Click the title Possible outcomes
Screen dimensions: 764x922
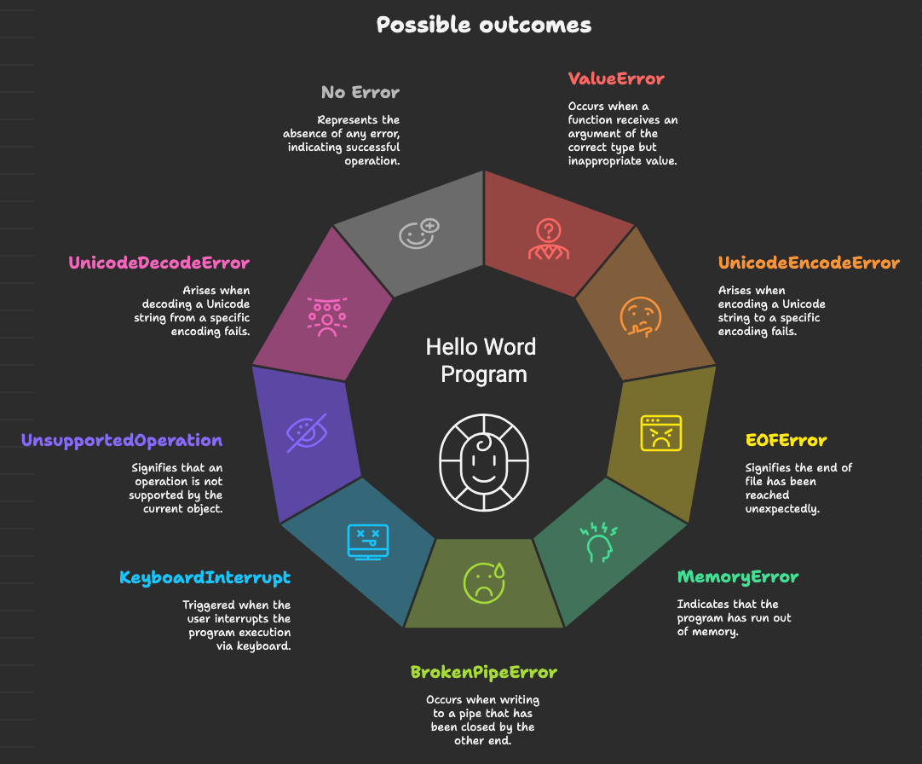coord(483,25)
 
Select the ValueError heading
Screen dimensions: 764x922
coord(616,79)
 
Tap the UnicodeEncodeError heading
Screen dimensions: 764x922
coord(808,263)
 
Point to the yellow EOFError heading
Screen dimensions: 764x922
coord(786,441)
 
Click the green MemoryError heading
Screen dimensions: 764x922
coord(738,577)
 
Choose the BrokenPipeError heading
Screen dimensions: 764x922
coord(483,672)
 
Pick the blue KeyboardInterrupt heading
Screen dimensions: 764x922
coord(205,577)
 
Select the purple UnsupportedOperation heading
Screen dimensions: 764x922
coord(122,441)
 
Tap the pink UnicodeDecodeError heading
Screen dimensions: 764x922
coord(159,263)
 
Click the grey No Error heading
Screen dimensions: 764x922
coord(360,92)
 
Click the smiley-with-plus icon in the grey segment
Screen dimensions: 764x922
coord(418,233)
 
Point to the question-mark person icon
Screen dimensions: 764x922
coord(548,240)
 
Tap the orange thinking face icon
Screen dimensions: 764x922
coord(639,316)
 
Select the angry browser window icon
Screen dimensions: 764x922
coord(661,432)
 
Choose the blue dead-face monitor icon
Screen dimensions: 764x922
coord(367,541)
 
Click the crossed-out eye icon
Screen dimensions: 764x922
coord(306,433)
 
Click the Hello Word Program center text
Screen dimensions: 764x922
coord(481,360)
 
